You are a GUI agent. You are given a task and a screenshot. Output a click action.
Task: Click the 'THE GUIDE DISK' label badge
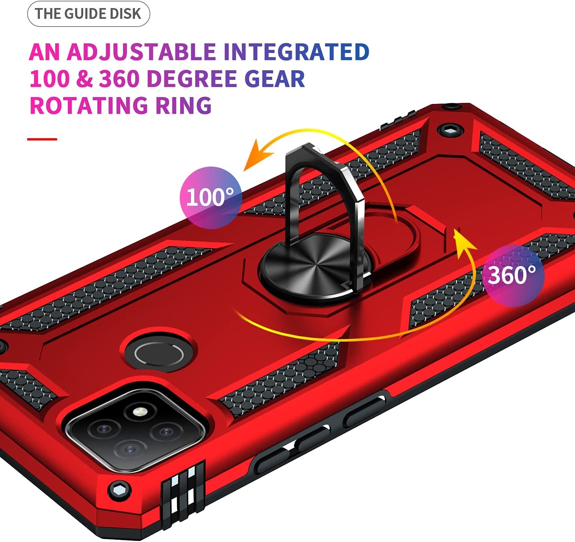pos(88,14)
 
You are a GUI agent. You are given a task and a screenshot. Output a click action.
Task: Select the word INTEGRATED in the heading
pos(296,52)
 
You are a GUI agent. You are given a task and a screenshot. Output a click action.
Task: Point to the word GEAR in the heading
pos(274,79)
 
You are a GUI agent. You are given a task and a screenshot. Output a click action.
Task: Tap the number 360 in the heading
pos(119,79)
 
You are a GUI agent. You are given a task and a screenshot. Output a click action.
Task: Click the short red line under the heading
pos(42,139)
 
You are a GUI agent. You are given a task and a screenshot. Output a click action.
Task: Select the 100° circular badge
pos(210,197)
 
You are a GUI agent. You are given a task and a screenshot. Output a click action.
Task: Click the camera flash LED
pos(140,413)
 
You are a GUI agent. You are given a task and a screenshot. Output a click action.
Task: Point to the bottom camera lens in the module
pos(131,448)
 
